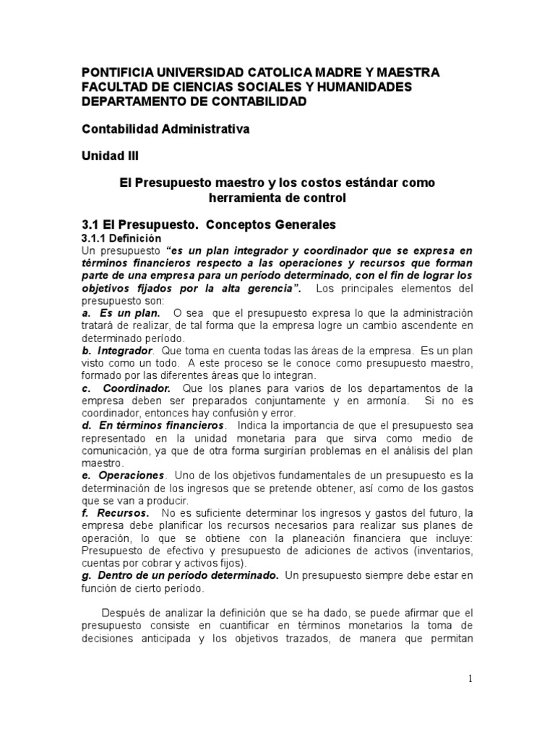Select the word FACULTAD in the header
pyautogui.click(x=113, y=87)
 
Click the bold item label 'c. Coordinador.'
pyautogui.click(x=126, y=388)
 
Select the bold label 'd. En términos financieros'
pyautogui.click(x=152, y=426)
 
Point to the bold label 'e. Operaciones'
pyautogui.click(x=124, y=476)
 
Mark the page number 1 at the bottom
pyautogui.click(x=470, y=679)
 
